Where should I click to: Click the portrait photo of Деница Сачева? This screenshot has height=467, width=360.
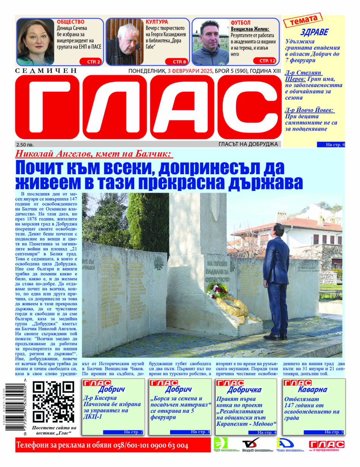pyautogui.click(x=35, y=42)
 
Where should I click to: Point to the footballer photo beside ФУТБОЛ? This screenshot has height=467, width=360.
pyautogui.click(x=210, y=42)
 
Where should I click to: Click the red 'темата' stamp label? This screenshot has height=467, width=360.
pyautogui.click(x=303, y=20)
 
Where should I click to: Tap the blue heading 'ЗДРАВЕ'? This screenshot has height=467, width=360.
pyautogui.click(x=314, y=32)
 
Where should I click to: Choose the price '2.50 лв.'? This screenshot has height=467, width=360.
pyautogui.click(x=25, y=144)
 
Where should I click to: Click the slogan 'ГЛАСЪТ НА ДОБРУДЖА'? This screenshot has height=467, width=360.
pyautogui.click(x=248, y=144)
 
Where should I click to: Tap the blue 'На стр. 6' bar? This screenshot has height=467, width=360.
pyautogui.click(x=331, y=145)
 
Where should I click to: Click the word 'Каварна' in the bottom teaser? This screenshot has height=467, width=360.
pyautogui.click(x=312, y=389)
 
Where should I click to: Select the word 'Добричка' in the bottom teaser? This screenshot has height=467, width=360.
pyautogui.click(x=244, y=390)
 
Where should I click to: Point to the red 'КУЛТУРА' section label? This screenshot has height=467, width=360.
pyautogui.click(x=157, y=22)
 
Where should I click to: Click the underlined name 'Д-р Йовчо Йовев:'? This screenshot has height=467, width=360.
pyautogui.click(x=310, y=110)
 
